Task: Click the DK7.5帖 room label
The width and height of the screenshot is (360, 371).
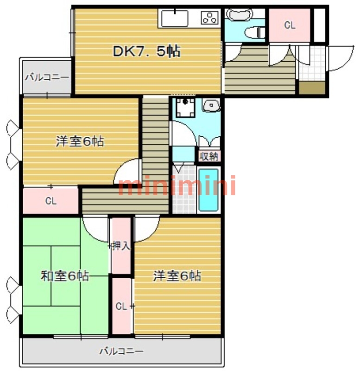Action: [x=146, y=51]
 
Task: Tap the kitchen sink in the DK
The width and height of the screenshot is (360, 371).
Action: [x=173, y=18]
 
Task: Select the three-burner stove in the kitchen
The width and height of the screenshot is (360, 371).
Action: [x=209, y=18]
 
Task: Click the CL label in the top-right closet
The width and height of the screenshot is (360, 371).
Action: [x=290, y=26]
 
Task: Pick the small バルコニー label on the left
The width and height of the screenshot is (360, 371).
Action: [x=47, y=77]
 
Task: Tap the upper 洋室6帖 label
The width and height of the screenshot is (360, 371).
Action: [x=79, y=141]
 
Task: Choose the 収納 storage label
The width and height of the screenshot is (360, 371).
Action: [x=208, y=156]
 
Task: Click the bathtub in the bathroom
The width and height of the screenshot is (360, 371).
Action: [x=208, y=191]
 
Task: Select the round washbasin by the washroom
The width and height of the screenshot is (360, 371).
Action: [x=211, y=106]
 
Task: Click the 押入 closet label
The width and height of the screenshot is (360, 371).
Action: [x=121, y=246]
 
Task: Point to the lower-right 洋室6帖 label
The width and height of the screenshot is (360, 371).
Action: [x=177, y=276]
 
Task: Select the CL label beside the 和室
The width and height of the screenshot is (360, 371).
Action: [x=121, y=306]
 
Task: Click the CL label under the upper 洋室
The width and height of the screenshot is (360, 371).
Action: [x=51, y=201]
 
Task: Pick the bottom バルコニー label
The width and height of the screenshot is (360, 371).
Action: [x=121, y=351]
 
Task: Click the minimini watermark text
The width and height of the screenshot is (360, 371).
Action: [x=177, y=186]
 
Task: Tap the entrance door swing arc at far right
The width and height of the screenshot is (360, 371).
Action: [x=342, y=58]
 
